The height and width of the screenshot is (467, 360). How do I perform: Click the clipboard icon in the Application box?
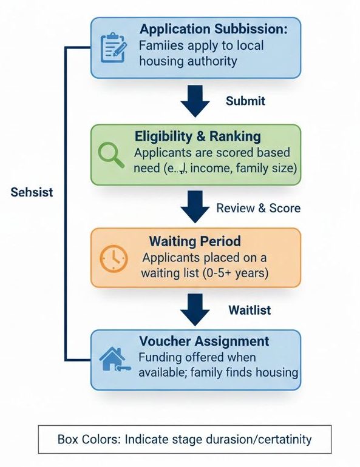click(x=112, y=46)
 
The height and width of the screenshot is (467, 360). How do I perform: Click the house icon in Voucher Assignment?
click(x=114, y=360)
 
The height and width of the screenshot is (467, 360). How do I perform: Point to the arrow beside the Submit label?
click(x=195, y=101)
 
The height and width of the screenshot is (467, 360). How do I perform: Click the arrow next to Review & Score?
click(x=195, y=207)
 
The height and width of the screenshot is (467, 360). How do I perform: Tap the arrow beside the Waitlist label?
click(x=195, y=310)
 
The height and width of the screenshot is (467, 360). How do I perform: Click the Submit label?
click(x=245, y=101)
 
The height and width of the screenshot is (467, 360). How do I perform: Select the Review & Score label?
click(x=258, y=208)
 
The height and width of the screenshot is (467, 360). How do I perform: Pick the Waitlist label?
click(x=250, y=310)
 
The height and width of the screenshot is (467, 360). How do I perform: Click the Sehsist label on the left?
click(x=32, y=192)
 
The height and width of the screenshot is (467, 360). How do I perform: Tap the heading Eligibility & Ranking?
click(x=197, y=136)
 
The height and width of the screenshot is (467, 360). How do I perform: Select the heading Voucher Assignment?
click(x=204, y=341)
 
